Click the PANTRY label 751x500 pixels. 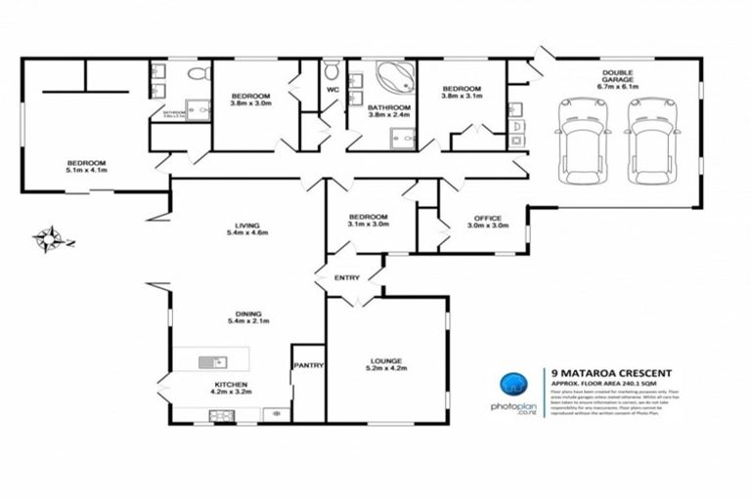308,365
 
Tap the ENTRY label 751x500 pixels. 347,277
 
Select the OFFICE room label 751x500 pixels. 488,219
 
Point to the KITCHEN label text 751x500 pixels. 233,385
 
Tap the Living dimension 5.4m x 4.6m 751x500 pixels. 246,232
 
